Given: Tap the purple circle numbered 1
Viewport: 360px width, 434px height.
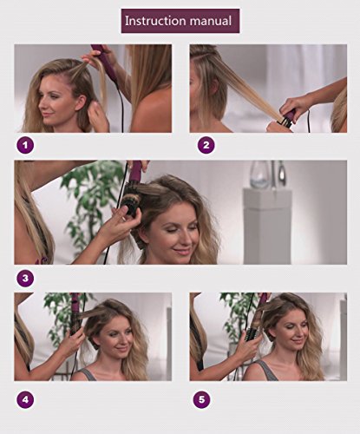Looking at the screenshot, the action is coord(25,144).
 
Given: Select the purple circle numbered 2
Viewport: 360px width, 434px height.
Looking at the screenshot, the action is coord(206,144).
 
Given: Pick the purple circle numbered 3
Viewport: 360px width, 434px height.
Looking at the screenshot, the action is coord(25,279).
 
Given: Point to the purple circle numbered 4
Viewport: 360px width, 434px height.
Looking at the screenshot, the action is coord(25,400).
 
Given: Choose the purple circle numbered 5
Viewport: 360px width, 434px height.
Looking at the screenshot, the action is coord(201,400).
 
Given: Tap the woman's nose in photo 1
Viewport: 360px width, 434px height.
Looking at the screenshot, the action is coord(42,106).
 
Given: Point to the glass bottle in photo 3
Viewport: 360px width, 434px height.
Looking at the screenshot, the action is coord(260,174).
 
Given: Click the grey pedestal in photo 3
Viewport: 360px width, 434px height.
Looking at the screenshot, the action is coord(267,227).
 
